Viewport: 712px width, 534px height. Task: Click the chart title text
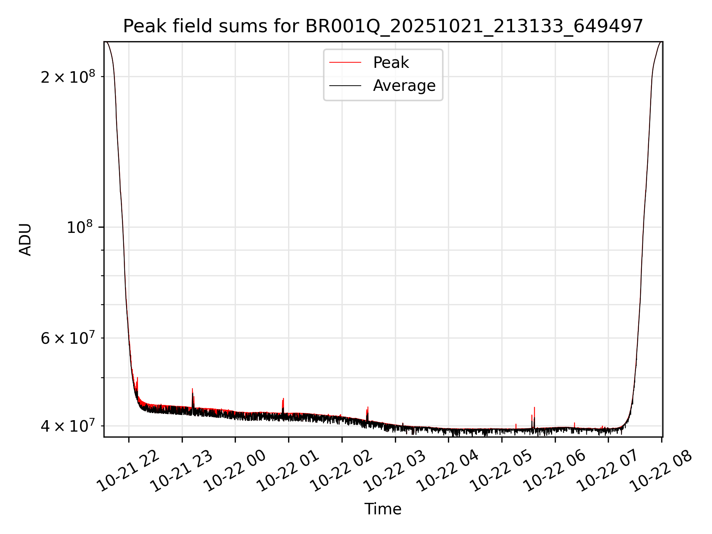click(x=383, y=27)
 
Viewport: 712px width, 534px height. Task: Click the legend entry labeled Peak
click(x=391, y=63)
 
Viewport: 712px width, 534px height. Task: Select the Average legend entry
click(x=404, y=86)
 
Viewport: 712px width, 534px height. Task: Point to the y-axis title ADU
click(x=26, y=240)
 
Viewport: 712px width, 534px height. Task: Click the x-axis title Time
click(x=383, y=509)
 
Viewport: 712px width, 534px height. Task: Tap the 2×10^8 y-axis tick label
click(x=68, y=77)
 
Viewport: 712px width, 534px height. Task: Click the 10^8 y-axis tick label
click(x=79, y=227)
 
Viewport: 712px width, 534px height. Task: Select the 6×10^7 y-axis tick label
click(x=68, y=338)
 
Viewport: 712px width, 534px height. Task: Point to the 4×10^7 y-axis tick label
click(x=68, y=426)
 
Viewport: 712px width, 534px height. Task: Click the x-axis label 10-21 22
click(x=128, y=471)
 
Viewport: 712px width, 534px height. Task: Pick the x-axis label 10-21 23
click(x=181, y=471)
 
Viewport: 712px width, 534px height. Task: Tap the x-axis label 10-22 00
click(x=235, y=471)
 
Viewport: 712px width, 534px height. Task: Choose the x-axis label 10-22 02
click(x=341, y=471)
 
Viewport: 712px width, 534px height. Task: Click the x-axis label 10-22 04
click(x=448, y=471)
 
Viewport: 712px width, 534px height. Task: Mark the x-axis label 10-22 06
click(x=554, y=471)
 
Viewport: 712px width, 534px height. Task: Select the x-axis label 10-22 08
click(x=661, y=471)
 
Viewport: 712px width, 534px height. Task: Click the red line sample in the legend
click(x=345, y=63)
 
